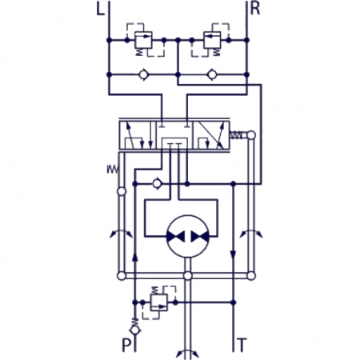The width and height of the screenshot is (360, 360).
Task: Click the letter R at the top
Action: point(255,11)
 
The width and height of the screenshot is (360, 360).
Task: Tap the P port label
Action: point(126,346)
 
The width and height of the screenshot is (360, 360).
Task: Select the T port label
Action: point(242,346)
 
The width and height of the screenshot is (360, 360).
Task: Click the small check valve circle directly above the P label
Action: point(134,328)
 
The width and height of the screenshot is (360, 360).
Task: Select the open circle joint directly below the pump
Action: point(186,276)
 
